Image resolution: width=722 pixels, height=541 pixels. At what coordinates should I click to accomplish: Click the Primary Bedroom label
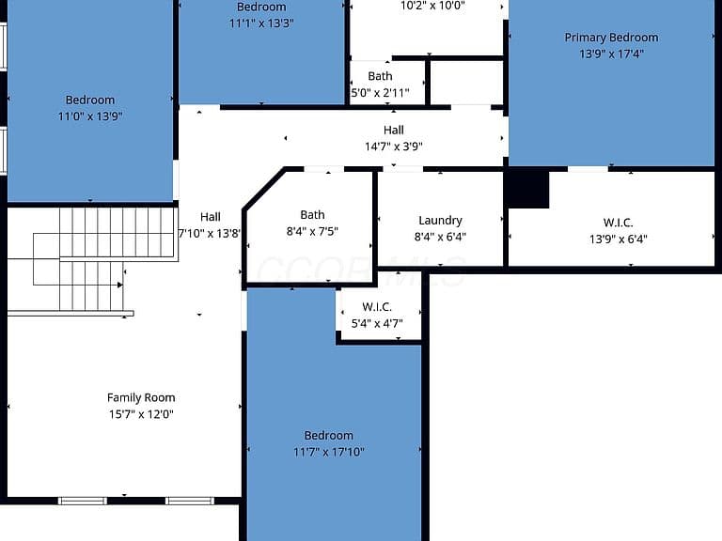pyautogui.click(x=611, y=38)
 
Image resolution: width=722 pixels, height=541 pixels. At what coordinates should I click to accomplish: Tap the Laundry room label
pyautogui.click(x=440, y=221)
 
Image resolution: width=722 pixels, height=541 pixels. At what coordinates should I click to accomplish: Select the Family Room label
pyautogui.click(x=141, y=397)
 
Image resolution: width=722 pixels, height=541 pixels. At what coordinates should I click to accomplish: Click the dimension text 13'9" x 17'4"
pyautogui.click(x=611, y=54)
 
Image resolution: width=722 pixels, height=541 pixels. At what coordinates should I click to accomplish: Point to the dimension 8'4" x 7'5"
pyautogui.click(x=312, y=231)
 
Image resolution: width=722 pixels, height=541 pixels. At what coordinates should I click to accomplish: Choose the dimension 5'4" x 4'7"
pyautogui.click(x=377, y=323)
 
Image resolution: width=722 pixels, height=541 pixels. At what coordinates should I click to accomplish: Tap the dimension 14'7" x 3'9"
pyautogui.click(x=394, y=147)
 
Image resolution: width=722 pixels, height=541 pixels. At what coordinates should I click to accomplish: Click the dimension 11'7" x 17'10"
pyautogui.click(x=328, y=452)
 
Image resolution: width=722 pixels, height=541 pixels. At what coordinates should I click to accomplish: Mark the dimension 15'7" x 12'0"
pyautogui.click(x=141, y=414)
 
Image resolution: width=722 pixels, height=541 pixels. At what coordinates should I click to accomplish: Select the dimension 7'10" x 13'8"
pyautogui.click(x=210, y=233)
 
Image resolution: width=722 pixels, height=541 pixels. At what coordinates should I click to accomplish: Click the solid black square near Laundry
pyautogui.click(x=528, y=190)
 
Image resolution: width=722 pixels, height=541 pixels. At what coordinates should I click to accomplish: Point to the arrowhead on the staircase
pyautogui.click(x=119, y=285)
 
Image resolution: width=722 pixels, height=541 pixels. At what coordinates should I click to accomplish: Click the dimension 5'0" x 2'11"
pyautogui.click(x=380, y=93)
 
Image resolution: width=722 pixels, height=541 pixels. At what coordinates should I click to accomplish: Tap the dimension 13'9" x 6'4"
pyautogui.click(x=618, y=240)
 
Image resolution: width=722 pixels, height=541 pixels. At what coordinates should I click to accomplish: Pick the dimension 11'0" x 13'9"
pyautogui.click(x=90, y=116)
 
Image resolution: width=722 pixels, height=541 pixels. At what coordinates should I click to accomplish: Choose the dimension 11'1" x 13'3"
pyautogui.click(x=261, y=23)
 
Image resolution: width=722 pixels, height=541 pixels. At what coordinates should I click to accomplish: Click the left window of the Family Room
pyautogui.click(x=83, y=501)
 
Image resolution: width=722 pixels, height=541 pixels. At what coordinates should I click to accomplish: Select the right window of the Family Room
pyautogui.click(x=190, y=501)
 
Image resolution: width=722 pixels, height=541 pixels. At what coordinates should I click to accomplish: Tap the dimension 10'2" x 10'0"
pyautogui.click(x=432, y=6)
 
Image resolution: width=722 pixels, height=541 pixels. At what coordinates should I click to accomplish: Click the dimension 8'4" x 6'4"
pyautogui.click(x=440, y=237)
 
